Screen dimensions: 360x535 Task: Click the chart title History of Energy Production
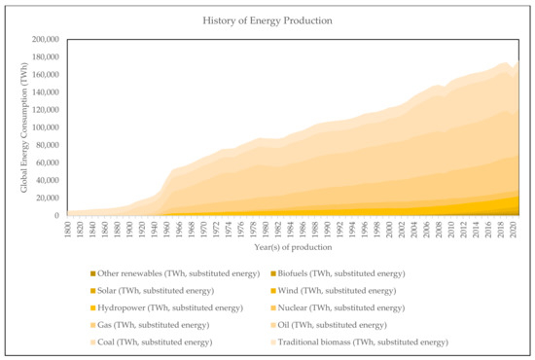point(267,19)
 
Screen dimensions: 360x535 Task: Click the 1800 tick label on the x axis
point(67,228)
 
